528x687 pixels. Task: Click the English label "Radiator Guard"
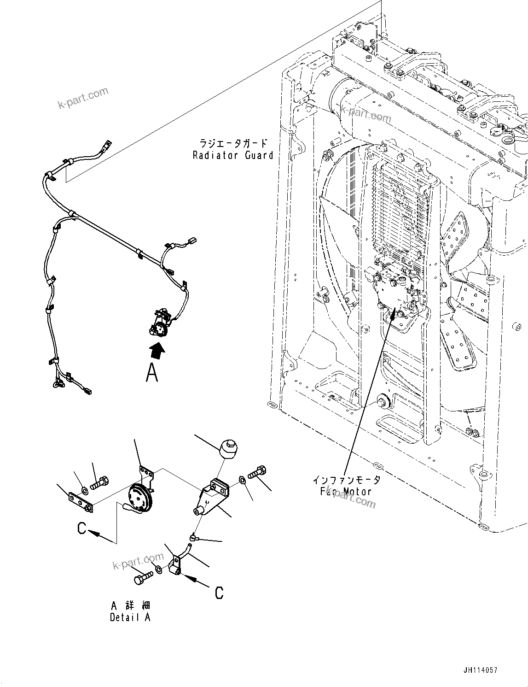tap(233, 155)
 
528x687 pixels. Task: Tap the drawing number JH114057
tap(478, 670)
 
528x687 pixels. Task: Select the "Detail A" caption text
tap(130, 617)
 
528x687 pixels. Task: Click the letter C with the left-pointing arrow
tap(82, 529)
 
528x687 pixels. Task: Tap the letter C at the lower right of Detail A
tap(219, 593)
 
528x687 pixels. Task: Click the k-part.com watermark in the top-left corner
tap(83, 98)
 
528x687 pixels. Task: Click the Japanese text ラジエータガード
tap(233, 143)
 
